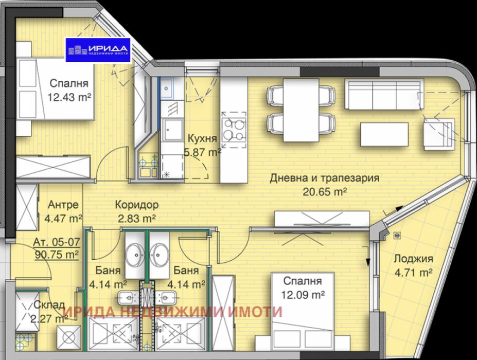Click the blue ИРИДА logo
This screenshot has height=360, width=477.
pyautogui.click(x=98, y=50)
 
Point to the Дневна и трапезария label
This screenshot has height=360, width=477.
pyautogui.click(x=325, y=178)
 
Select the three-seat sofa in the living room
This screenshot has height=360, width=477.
pyautogui.click(x=384, y=94)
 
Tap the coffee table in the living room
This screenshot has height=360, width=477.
pyautogui.click(x=384, y=134)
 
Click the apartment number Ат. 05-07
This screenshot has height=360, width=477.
pyautogui.click(x=56, y=241)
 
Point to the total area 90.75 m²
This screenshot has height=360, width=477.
pyautogui.click(x=56, y=254)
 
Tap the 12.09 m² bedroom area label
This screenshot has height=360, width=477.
pyautogui.click(x=303, y=295)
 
